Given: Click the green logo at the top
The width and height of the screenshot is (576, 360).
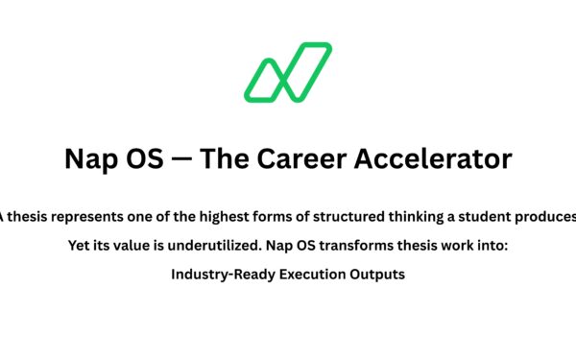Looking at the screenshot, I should tap(287, 72).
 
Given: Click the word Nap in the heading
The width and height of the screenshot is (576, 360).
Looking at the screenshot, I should tap(90, 157).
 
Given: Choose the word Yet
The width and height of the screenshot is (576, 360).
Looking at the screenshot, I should tap(81, 246).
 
